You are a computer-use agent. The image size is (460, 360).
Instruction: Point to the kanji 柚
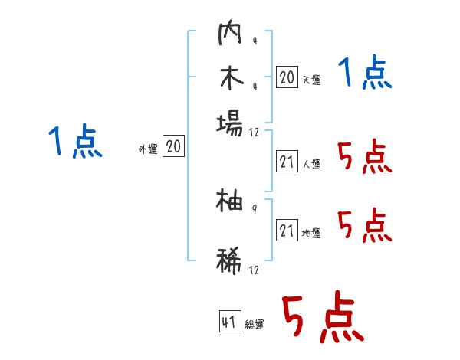(229, 201)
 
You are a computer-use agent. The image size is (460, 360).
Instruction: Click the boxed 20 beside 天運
(287, 77)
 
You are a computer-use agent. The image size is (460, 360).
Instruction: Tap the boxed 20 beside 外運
(174, 147)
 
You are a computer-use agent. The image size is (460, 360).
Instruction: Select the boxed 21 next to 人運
(287, 162)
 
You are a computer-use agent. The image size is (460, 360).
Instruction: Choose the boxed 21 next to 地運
(287, 231)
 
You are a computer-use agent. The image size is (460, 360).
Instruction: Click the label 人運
(311, 164)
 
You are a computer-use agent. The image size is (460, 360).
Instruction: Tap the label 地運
(311, 234)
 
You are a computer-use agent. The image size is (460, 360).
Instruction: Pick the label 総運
(254, 325)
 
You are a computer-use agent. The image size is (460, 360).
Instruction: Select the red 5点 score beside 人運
(364, 159)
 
